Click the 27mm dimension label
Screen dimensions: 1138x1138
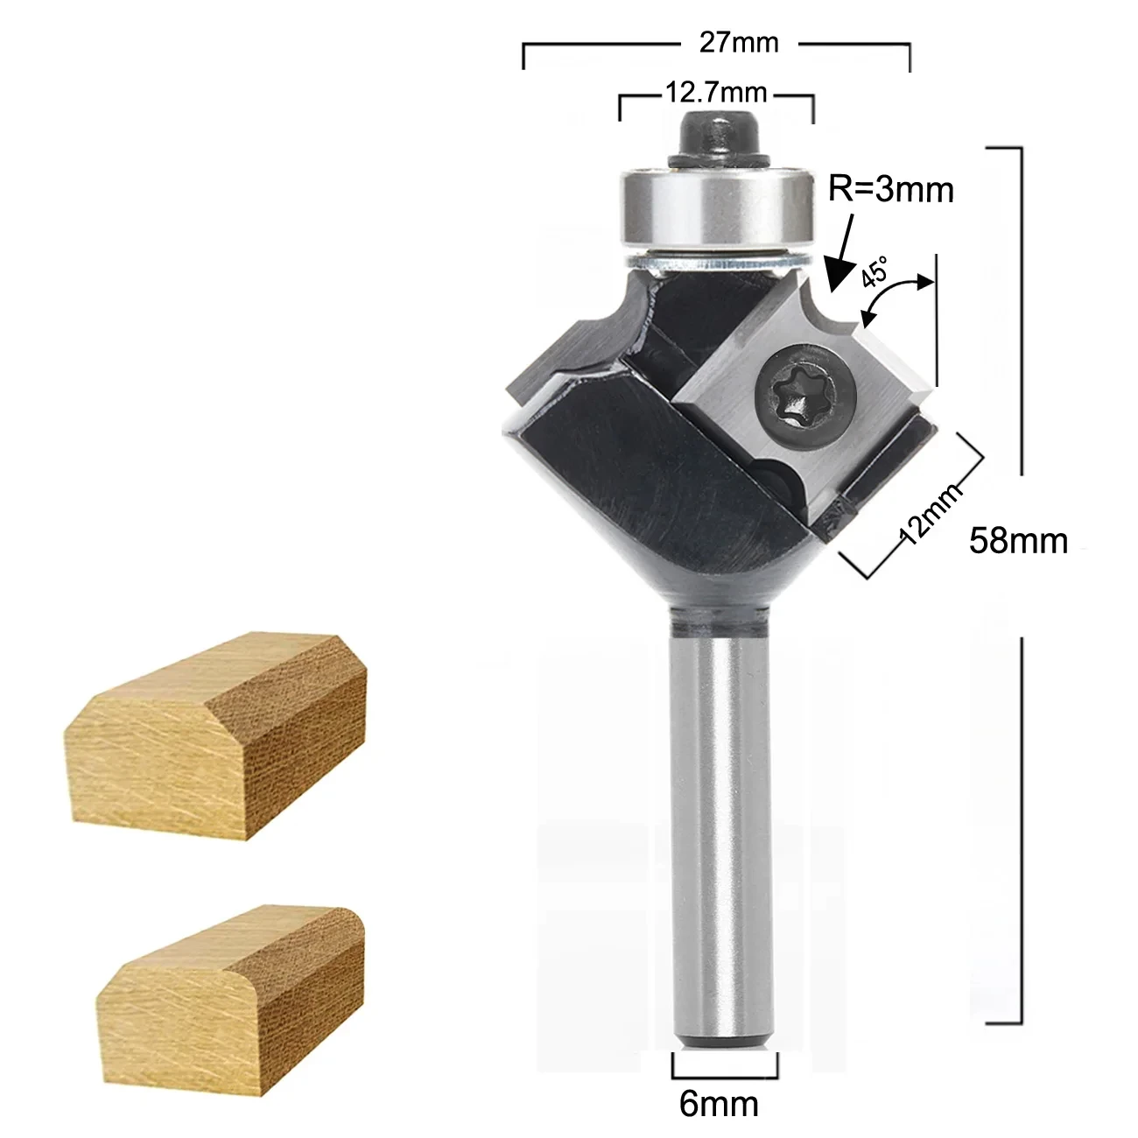tap(738, 43)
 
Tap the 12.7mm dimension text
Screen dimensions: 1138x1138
tap(716, 92)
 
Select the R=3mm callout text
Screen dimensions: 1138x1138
tap(891, 188)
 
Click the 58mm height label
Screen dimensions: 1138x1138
tap(1018, 540)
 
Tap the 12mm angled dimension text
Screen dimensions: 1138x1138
tap(930, 514)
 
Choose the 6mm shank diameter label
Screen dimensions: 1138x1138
tap(718, 1104)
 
